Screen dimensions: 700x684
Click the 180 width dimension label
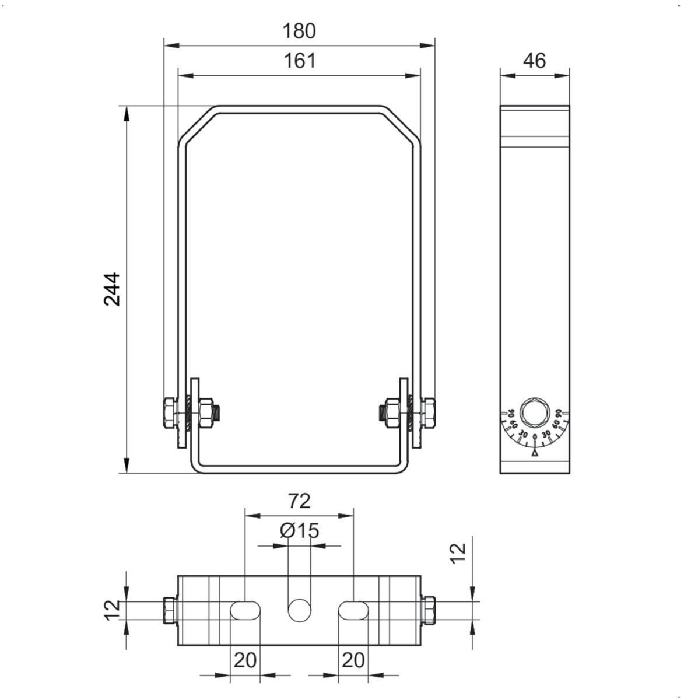click(x=299, y=31)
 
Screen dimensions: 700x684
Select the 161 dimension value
click(x=299, y=61)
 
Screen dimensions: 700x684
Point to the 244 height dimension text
click(x=111, y=289)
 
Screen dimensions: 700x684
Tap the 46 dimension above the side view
click(x=534, y=61)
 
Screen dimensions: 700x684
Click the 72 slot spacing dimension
click(x=299, y=501)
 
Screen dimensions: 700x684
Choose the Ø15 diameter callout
click(x=299, y=531)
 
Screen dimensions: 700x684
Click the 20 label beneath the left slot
click(x=245, y=660)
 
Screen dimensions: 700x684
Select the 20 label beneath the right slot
click(x=353, y=660)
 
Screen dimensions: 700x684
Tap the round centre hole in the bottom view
click(x=299, y=610)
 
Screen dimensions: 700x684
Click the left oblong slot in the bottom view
click(x=245, y=610)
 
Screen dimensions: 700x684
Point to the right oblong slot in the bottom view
click(x=353, y=610)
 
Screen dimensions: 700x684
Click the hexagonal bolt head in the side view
click(x=535, y=411)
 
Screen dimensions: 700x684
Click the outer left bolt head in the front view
click(x=168, y=413)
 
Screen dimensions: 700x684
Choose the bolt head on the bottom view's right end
click(x=428, y=610)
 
